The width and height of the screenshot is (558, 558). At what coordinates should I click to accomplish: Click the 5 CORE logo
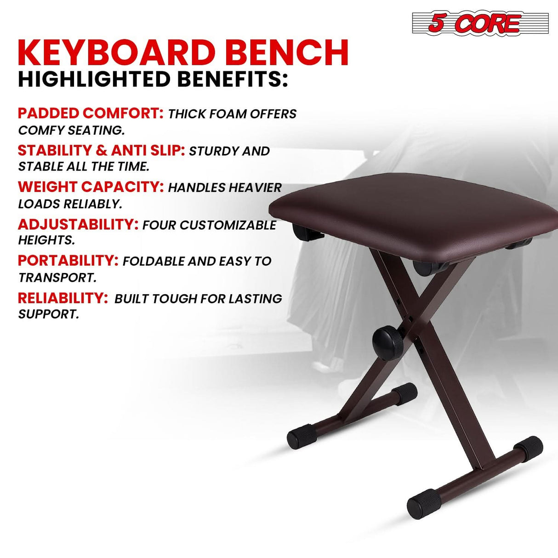tap(480, 23)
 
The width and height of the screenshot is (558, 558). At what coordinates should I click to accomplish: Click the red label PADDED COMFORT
tap(91, 113)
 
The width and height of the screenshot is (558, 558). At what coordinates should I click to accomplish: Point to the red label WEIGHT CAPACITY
tap(91, 187)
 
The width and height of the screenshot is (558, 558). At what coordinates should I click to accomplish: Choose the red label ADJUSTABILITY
tap(78, 224)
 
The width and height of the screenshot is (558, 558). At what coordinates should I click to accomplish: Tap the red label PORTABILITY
tap(68, 261)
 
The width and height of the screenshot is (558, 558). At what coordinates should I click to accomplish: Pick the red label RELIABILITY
tap(63, 298)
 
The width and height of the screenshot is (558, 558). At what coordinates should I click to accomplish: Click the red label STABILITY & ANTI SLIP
tap(101, 150)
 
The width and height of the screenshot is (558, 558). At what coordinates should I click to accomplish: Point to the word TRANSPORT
tap(57, 278)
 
